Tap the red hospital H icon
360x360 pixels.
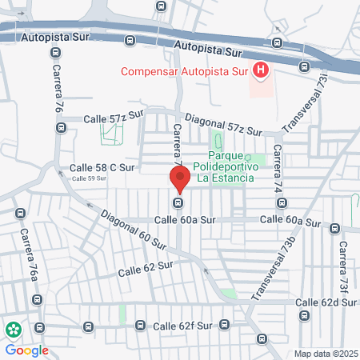[260, 71]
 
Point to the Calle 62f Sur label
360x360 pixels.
[182, 326]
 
